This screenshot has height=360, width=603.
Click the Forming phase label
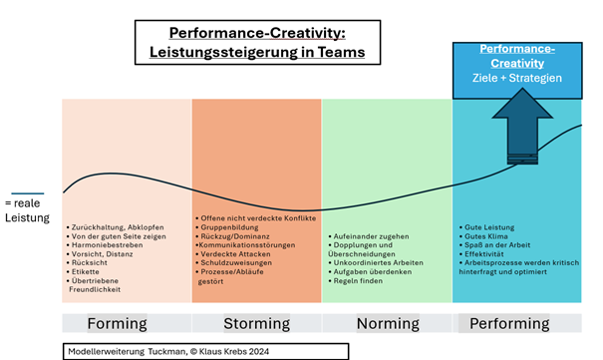pyautogui.click(x=118, y=323)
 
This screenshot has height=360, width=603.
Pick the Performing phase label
pyautogui.click(x=509, y=323)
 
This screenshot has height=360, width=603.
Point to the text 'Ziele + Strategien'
pyautogui.click(x=516, y=79)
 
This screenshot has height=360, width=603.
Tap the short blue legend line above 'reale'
pyautogui.click(x=27, y=193)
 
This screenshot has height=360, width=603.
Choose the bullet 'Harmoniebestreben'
pyautogui.click(x=104, y=244)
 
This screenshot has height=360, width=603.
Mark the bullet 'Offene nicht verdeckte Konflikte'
pyautogui.click(x=258, y=217)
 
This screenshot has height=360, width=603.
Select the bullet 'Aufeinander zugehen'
pyautogui.click(x=372, y=236)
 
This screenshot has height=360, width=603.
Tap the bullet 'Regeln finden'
pyautogui.click(x=361, y=281)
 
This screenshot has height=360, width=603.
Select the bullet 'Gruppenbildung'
pyautogui.click(x=229, y=226)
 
